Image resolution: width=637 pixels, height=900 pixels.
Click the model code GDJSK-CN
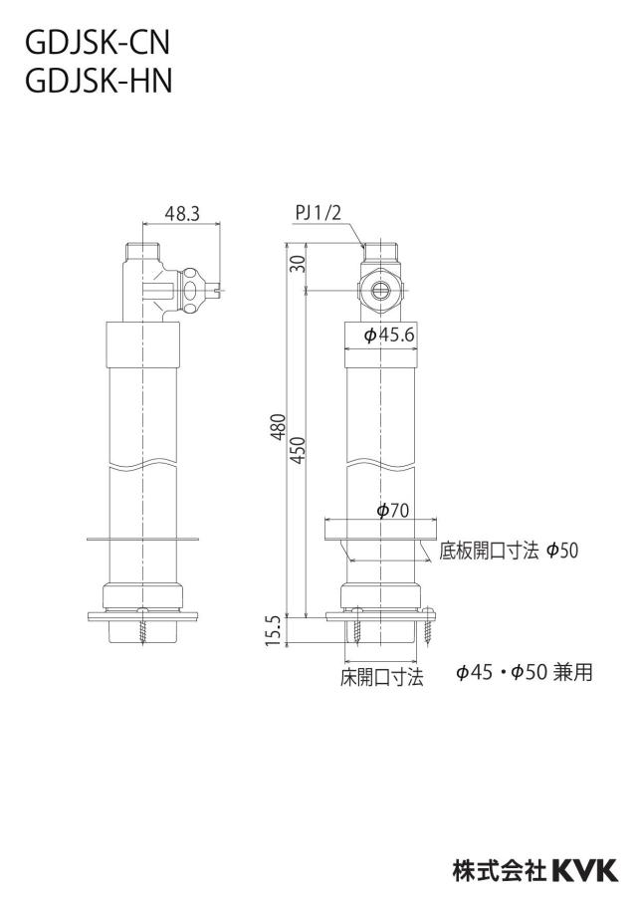[x=98, y=43]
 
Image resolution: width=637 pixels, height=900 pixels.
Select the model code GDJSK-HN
[x=99, y=81]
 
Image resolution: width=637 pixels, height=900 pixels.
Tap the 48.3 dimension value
[x=182, y=213]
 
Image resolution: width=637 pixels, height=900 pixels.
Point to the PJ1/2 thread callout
[x=318, y=213]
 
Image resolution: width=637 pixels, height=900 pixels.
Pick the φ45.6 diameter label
[x=388, y=336]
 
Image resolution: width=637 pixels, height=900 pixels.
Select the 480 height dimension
[x=279, y=426]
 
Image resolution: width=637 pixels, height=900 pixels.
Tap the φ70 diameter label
[x=392, y=511]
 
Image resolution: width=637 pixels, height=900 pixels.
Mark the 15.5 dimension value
[x=274, y=631]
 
